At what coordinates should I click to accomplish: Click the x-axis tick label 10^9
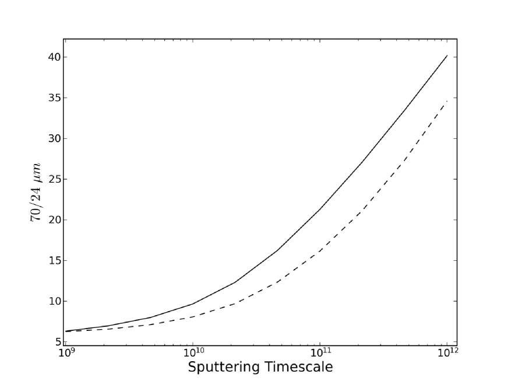click(x=65, y=354)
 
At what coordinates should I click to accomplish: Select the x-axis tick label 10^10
click(x=193, y=354)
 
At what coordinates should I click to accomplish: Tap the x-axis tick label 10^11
click(x=319, y=354)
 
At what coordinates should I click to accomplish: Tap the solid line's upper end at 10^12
click(x=447, y=55)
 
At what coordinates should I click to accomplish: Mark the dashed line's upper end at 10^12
click(x=447, y=101)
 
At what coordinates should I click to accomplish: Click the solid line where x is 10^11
click(x=320, y=209)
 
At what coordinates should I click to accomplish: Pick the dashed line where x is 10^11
click(x=320, y=251)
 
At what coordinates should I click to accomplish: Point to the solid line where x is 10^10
click(x=193, y=303)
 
